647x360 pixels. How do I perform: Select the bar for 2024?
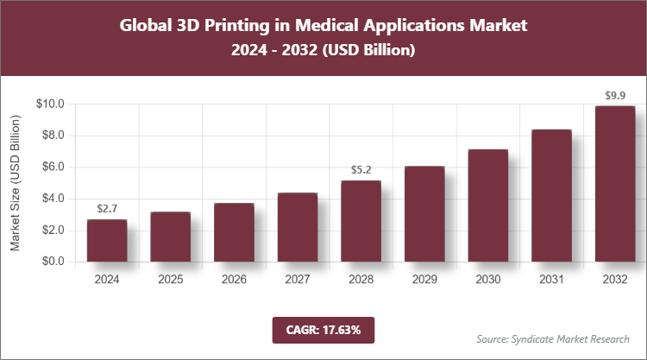107,241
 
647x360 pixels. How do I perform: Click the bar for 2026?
234,232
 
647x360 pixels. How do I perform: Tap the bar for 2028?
361,221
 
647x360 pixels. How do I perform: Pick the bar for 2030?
487,205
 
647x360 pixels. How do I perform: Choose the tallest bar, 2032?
615,184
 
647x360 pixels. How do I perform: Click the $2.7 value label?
107,209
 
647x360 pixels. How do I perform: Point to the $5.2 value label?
361,170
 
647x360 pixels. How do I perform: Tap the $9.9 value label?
615,96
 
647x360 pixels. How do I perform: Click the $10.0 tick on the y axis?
52,104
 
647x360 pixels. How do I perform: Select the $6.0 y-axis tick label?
54,167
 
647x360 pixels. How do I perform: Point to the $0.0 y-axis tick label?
54,262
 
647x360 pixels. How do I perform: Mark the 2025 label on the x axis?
171,280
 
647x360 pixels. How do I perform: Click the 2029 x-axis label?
424,280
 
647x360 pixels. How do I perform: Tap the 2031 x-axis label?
551,280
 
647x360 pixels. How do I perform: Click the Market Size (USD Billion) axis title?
16,183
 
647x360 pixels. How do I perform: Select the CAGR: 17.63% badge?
323,329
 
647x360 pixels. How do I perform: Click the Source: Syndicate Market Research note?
553,338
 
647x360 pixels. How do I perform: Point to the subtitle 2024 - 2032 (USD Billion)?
323,51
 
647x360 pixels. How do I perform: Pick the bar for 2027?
298,227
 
